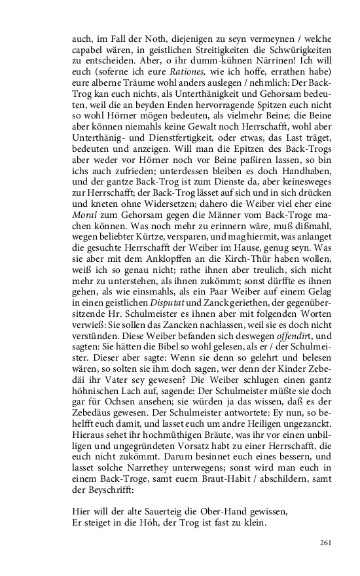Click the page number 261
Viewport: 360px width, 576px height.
point(327,543)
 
